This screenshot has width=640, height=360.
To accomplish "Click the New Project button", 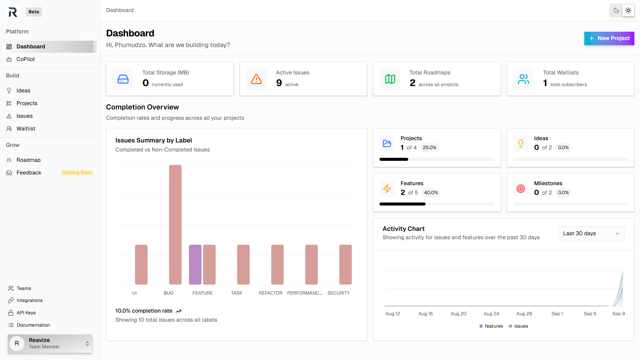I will [609, 38].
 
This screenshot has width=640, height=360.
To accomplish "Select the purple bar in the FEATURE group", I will [195, 264].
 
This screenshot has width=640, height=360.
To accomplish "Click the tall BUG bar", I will [175, 224].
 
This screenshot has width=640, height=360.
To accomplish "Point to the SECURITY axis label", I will [339, 293].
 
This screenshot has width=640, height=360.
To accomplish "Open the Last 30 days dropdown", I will [591, 234].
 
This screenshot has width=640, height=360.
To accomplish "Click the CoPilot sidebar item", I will [26, 59].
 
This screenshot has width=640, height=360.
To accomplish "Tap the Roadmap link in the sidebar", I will [28, 160].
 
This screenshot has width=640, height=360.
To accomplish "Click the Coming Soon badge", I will [77, 172].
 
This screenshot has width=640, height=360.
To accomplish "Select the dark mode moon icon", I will [616, 10].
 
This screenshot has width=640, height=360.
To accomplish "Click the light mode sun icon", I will [628, 10].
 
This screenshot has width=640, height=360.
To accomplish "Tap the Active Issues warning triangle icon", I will [256, 79].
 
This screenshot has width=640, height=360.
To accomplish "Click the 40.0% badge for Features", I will [431, 193].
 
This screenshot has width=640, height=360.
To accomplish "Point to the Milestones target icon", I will [521, 189].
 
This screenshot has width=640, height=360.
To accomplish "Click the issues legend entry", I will [519, 326].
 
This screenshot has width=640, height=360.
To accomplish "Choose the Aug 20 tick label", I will [458, 314].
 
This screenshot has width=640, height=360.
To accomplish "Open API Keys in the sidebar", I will [26, 313].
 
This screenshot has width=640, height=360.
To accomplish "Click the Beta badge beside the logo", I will [34, 12].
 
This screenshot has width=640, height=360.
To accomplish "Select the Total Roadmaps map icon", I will [390, 79].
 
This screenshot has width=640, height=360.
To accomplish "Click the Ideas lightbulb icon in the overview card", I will [521, 143].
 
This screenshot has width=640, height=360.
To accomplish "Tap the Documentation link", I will [33, 325].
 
